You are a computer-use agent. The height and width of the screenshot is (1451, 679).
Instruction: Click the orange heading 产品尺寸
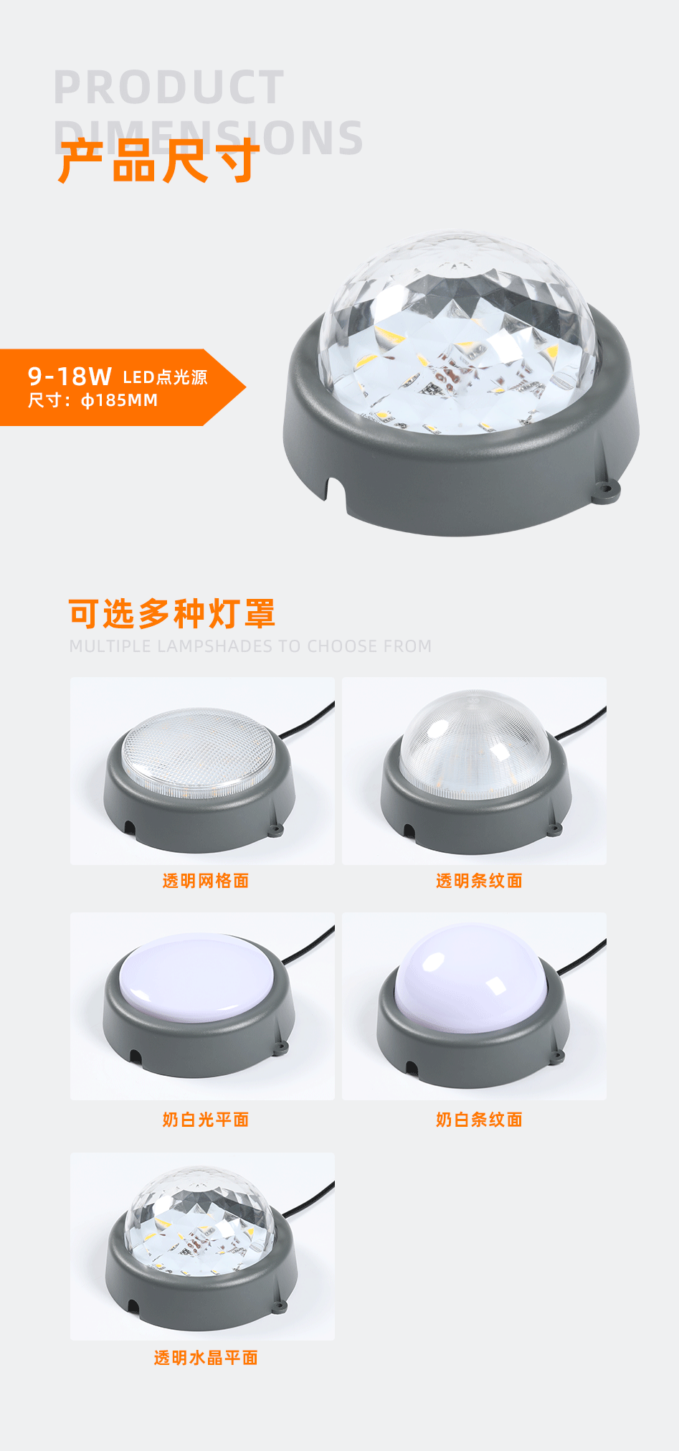(158, 161)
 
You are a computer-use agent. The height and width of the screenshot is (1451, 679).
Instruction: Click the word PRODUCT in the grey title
(169, 88)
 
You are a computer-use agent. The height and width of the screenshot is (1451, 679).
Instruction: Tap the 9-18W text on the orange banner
(70, 376)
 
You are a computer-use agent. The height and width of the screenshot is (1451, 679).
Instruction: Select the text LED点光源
(165, 377)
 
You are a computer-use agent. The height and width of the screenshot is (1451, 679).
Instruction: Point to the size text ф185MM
(119, 400)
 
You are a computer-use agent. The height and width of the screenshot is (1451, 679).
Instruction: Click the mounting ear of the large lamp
(607, 491)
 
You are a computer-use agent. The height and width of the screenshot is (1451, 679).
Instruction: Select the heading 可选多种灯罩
(172, 614)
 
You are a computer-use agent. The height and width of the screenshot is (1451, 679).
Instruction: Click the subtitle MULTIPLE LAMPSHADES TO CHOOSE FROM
(250, 646)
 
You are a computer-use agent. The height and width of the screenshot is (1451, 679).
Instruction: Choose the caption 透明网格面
(205, 881)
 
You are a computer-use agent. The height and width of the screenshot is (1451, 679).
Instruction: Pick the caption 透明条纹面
(479, 881)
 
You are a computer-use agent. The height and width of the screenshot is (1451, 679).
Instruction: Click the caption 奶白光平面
(205, 1120)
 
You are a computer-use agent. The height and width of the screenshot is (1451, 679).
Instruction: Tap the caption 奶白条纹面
(479, 1120)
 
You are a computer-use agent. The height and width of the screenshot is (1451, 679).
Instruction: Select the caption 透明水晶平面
(205, 1358)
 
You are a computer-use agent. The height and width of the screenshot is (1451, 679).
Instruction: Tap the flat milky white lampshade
(198, 975)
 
